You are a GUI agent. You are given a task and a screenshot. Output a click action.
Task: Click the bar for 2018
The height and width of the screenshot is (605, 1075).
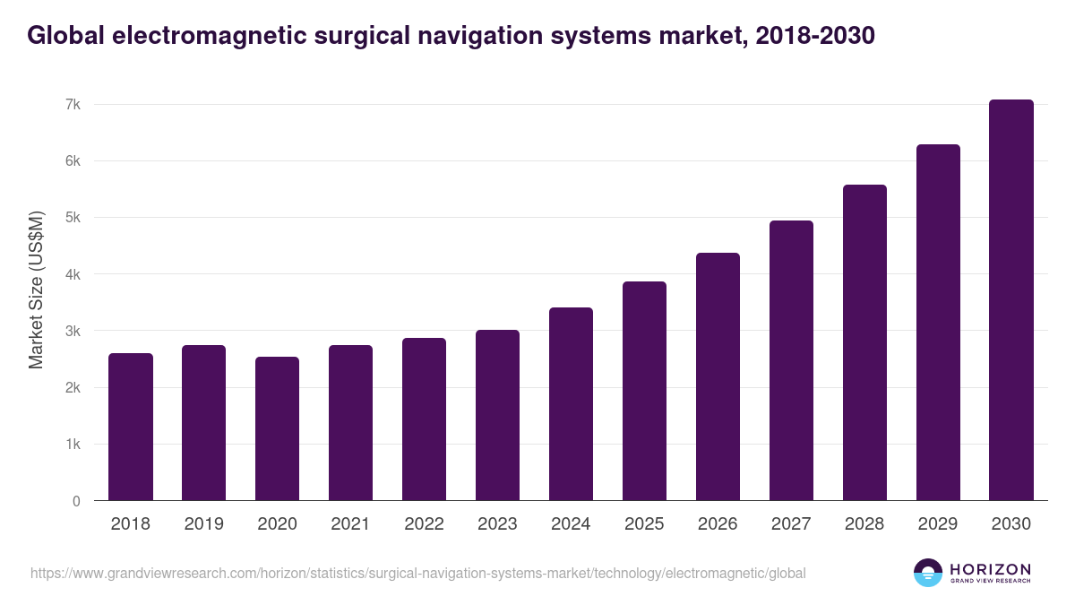tap(131, 427)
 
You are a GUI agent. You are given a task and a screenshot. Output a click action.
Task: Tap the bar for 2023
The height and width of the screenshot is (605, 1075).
tap(497, 415)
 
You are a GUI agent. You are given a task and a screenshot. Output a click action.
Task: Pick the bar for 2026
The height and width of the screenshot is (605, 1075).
tap(718, 376)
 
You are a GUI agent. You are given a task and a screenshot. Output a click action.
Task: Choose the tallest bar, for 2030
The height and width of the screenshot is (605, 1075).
tap(1011, 300)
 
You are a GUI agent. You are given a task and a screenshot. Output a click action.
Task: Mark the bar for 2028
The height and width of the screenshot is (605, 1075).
tap(864, 342)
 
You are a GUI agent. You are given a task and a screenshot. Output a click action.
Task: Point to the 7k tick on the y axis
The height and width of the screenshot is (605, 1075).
tap(73, 105)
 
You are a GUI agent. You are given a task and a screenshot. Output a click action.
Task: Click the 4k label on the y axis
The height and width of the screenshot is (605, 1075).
tap(73, 275)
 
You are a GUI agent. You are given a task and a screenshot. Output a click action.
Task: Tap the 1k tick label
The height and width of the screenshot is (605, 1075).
tap(73, 445)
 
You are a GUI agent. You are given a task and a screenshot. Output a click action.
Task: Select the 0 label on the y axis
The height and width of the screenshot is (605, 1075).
tap(76, 502)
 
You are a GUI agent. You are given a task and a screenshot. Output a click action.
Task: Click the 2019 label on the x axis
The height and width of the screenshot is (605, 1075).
tap(204, 524)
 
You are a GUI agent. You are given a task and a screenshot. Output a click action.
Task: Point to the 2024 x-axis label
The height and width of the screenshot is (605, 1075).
tap(571, 524)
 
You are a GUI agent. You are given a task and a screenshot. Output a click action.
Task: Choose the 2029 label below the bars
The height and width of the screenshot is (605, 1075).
tap(938, 524)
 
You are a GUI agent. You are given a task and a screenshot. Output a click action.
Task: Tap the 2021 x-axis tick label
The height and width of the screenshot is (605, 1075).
tap(350, 524)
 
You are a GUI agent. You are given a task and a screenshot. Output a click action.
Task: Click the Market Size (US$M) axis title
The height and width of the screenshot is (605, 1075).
tap(36, 290)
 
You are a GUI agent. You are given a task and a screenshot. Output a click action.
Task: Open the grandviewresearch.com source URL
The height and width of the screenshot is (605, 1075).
tap(418, 574)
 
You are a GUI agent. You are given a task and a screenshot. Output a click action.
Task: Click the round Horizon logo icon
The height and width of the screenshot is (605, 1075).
tap(928, 573)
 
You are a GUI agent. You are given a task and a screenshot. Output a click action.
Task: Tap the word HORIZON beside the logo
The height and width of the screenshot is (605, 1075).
tap(990, 569)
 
